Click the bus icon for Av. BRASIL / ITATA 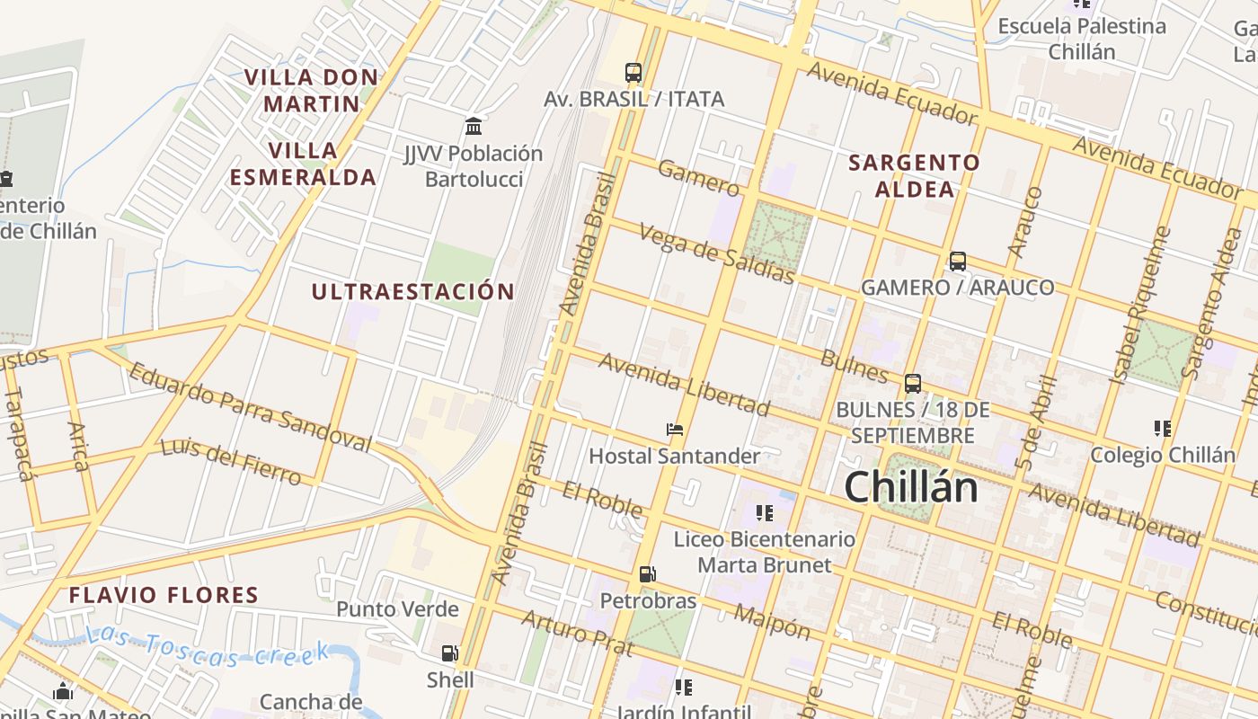(x=633, y=73)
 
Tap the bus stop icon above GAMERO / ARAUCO (x=958, y=262)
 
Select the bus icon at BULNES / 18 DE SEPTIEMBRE (x=913, y=384)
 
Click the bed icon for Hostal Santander (x=675, y=430)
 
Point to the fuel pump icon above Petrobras (x=647, y=574)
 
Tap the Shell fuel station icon (x=449, y=653)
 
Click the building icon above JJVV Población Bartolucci (x=474, y=127)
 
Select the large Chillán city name (x=910, y=487)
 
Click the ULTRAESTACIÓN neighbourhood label (x=412, y=291)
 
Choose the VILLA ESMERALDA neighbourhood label (x=303, y=164)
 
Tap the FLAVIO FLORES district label (x=164, y=595)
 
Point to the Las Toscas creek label (x=208, y=648)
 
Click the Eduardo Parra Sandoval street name (x=249, y=407)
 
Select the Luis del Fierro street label (x=231, y=461)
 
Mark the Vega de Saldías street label (x=716, y=253)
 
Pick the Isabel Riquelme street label (x=1139, y=306)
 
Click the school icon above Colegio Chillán (x=1163, y=429)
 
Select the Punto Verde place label (x=397, y=609)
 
